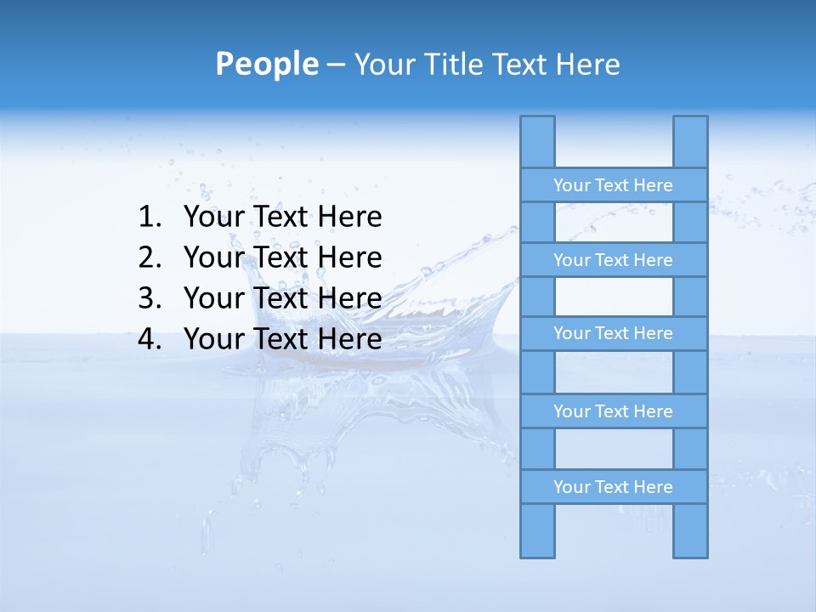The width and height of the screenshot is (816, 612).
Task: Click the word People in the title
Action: click(x=266, y=64)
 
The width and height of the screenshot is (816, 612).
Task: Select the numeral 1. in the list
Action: click(x=149, y=218)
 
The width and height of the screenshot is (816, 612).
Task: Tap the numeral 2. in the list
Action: click(x=149, y=258)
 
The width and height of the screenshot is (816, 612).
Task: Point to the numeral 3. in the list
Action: click(x=149, y=298)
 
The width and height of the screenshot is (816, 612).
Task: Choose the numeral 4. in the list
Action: click(x=149, y=339)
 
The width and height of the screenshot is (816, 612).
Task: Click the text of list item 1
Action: click(x=282, y=218)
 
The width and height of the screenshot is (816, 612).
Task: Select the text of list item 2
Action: click(x=282, y=258)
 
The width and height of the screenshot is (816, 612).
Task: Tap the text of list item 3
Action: click(x=282, y=298)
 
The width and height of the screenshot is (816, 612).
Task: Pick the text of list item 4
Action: click(x=282, y=339)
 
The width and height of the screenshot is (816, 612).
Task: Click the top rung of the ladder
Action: click(x=613, y=185)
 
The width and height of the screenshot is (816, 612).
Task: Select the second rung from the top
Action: click(x=613, y=260)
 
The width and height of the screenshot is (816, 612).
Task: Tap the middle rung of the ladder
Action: click(x=613, y=333)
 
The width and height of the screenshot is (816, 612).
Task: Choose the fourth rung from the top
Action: click(x=613, y=411)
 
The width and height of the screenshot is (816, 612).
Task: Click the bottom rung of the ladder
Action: click(x=613, y=487)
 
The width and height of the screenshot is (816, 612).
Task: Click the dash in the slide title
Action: click(x=335, y=65)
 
